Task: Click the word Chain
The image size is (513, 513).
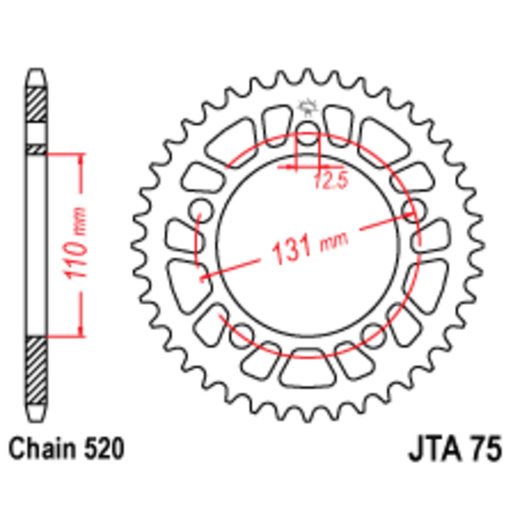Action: [43, 448]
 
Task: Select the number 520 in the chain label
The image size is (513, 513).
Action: [104, 448]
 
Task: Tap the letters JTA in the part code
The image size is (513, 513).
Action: [434, 448]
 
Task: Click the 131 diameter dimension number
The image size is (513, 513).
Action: [291, 249]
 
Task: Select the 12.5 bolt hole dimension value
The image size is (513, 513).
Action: [331, 180]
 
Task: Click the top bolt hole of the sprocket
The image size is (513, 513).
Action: [308, 134]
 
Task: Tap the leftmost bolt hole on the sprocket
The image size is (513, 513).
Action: [200, 210]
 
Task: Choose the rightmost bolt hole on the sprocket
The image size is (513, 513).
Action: [414, 210]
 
